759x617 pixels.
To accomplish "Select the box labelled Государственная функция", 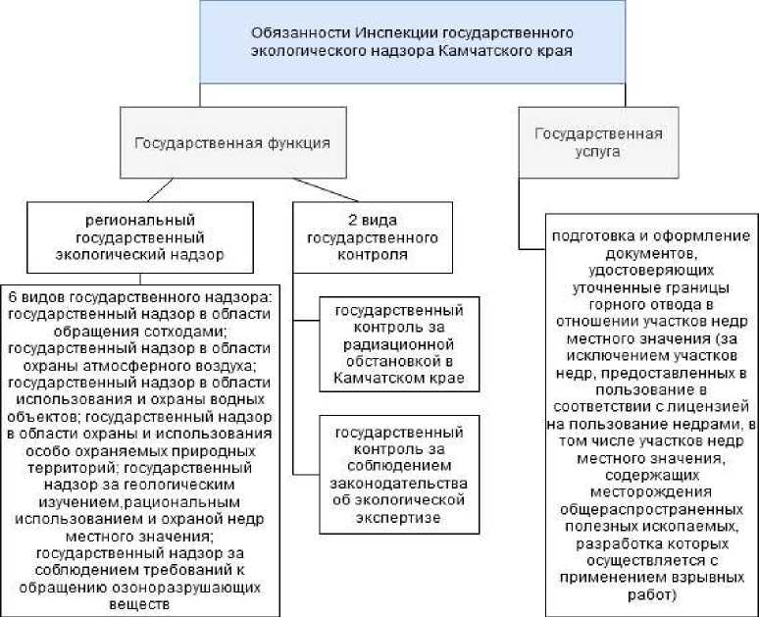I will pos(231,142).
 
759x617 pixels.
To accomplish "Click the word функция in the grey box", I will pos(299,142).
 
